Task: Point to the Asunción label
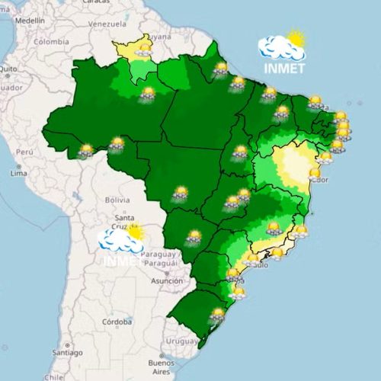[167, 281]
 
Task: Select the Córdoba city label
[118, 322]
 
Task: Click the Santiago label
[67, 354]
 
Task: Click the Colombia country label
[50, 42]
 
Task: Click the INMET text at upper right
[283, 68]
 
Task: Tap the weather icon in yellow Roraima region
[143, 50]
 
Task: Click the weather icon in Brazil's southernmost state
[219, 313]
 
